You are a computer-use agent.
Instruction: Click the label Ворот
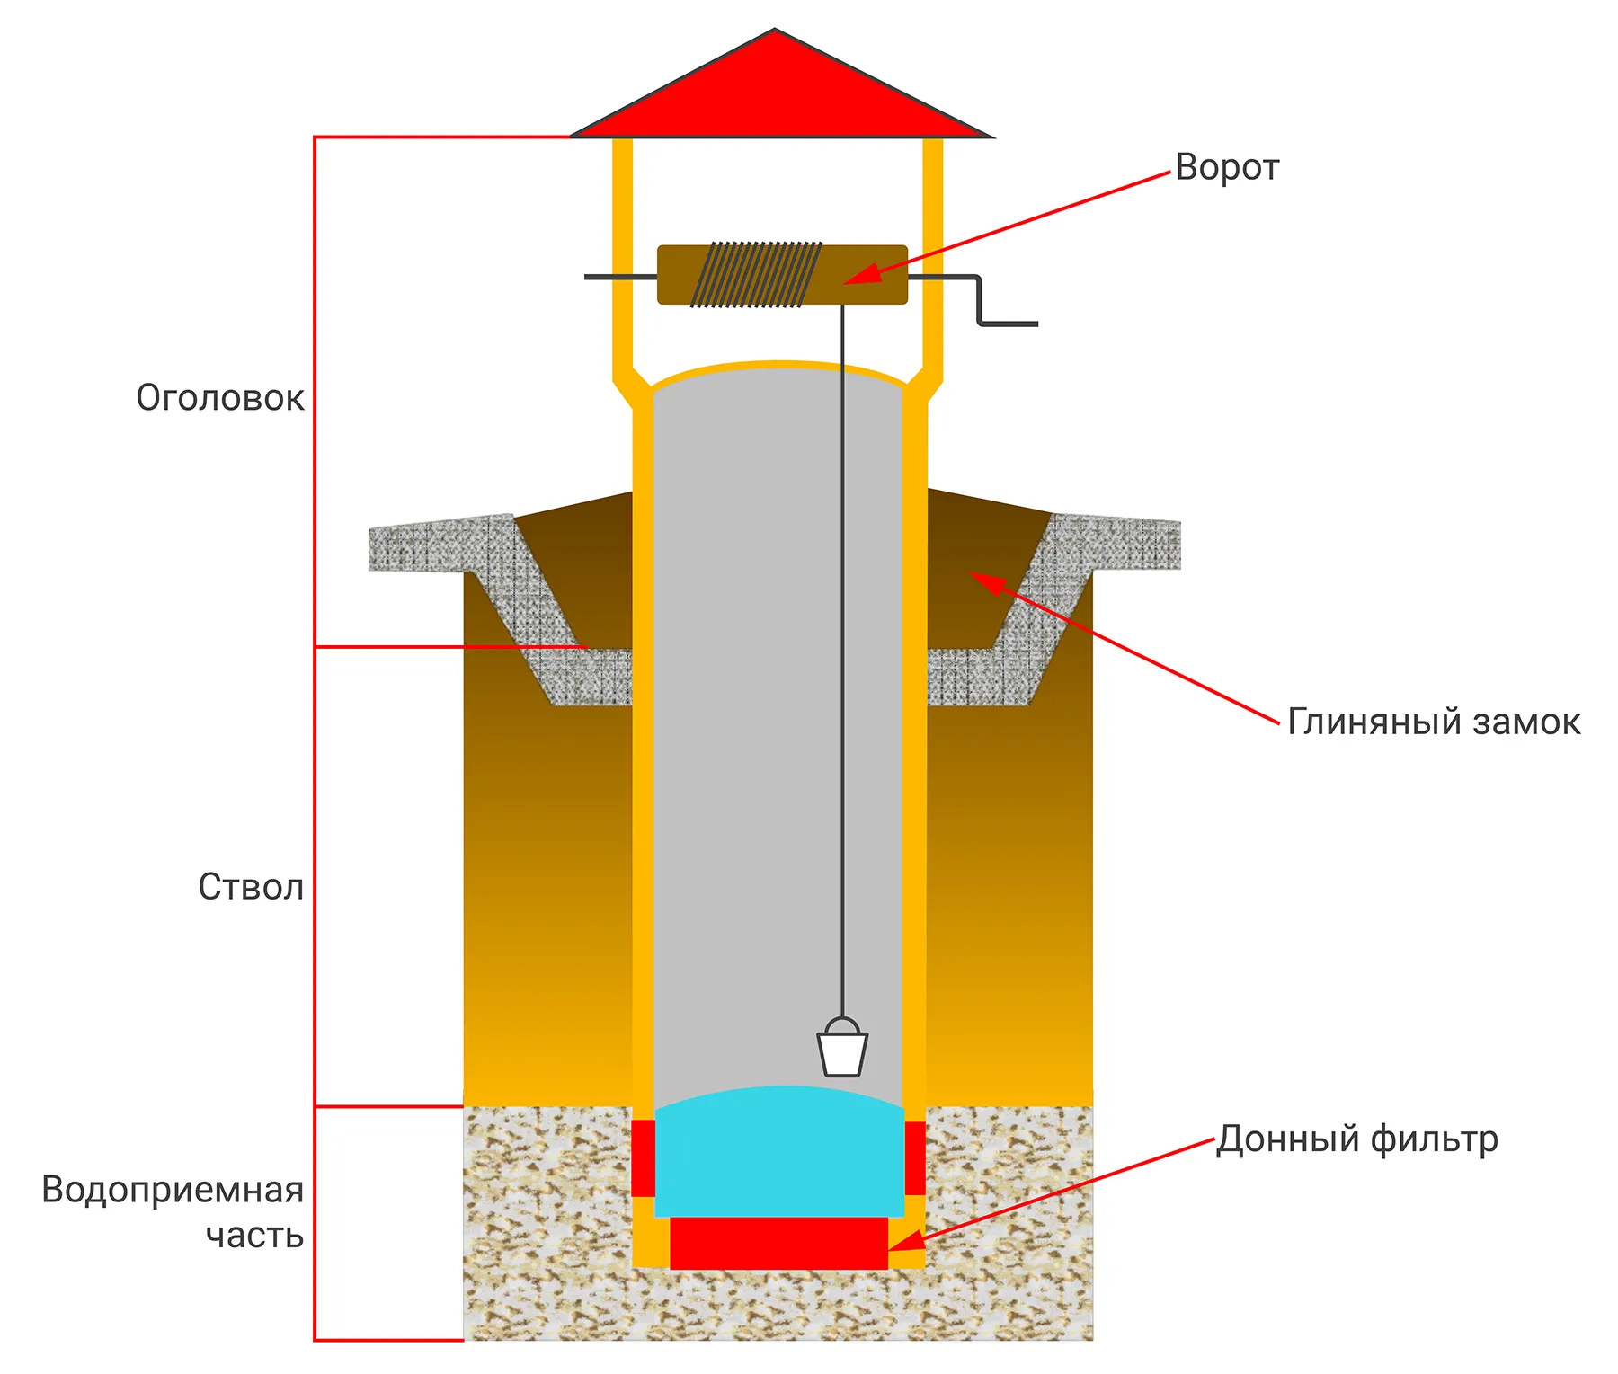tap(1226, 168)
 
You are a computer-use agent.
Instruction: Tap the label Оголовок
tap(220, 398)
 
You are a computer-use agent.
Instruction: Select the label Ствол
tap(251, 887)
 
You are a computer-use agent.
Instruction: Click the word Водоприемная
tap(173, 1190)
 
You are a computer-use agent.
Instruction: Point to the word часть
tap(254, 1236)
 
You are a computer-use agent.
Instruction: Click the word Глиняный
tap(1361, 722)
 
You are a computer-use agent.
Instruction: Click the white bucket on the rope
tap(842, 1051)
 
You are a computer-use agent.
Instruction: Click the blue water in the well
tap(779, 1155)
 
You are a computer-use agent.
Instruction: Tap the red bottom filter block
tap(778, 1243)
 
